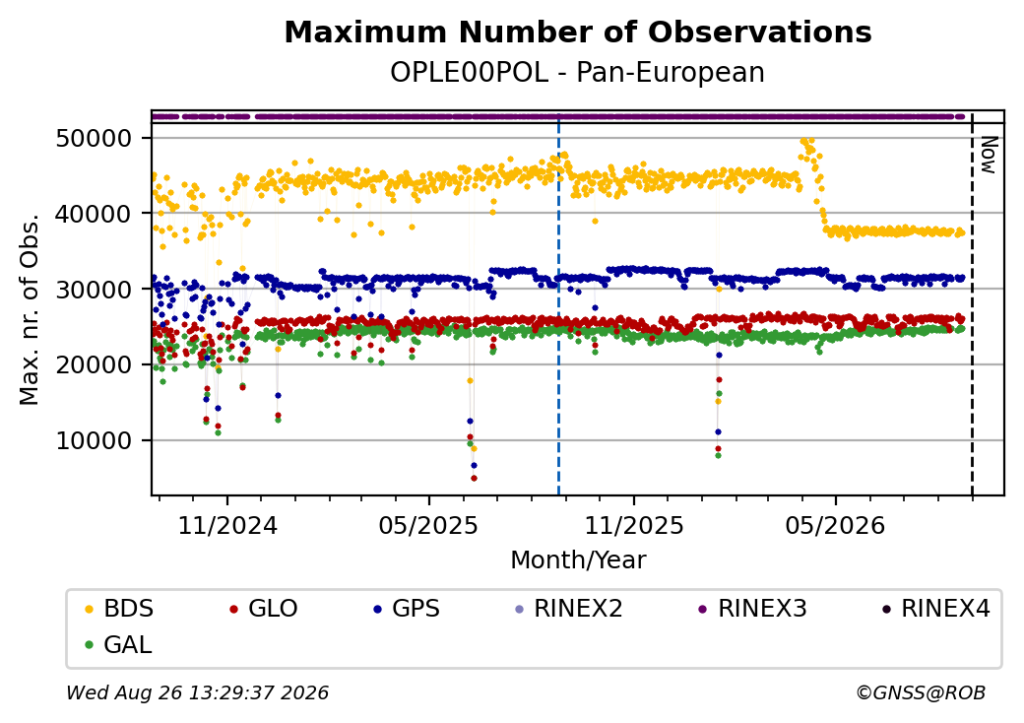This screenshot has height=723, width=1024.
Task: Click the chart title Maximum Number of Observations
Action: [x=578, y=32]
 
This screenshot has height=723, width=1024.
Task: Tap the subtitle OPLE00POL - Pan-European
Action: [x=577, y=73]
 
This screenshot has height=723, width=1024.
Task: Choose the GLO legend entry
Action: [x=264, y=609]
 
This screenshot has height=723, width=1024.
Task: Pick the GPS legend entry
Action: [x=407, y=609]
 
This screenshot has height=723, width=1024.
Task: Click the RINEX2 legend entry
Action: [x=569, y=609]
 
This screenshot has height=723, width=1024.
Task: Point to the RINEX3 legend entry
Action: [x=753, y=609]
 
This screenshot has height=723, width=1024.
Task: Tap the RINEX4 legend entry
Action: [x=936, y=609]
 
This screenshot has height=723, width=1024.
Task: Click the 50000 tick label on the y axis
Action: [x=95, y=139]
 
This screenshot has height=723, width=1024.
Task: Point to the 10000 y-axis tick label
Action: [x=95, y=441]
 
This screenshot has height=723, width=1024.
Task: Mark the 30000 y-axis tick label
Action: [x=95, y=290]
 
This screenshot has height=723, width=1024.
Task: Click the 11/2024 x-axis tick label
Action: [x=227, y=525]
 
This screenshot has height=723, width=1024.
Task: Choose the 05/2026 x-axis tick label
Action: [x=835, y=525]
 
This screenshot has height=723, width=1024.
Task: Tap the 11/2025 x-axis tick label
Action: [x=633, y=525]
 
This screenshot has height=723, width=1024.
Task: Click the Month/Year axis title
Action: [x=578, y=559]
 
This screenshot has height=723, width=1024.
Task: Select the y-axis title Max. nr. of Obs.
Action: [x=30, y=309]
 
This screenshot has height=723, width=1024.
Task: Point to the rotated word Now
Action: [x=990, y=156]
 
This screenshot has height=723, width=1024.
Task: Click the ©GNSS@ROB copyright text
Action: [x=921, y=692]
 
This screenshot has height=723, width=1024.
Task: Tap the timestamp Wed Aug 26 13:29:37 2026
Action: [x=198, y=692]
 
